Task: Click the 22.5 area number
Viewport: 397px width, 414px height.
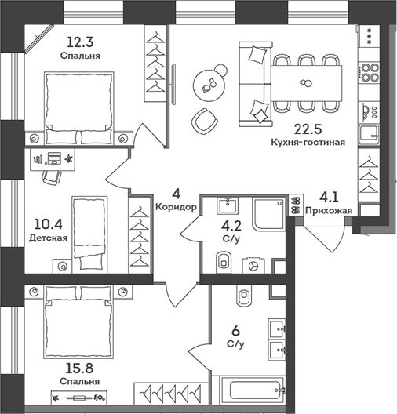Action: click(308, 129)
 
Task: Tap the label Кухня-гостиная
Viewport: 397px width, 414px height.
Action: click(308, 143)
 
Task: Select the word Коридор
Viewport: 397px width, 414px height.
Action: click(176, 207)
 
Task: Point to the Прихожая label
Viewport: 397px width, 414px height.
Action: click(329, 211)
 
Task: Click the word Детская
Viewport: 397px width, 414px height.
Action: click(48, 238)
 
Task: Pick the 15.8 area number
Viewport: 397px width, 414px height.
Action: click(79, 369)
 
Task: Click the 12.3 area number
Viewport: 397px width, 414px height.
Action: click(80, 42)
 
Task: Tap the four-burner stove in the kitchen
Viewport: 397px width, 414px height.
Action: click(369, 72)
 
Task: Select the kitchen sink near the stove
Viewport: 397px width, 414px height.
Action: click(369, 135)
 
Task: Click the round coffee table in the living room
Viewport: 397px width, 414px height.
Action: click(210, 85)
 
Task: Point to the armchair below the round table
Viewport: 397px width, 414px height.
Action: click(204, 122)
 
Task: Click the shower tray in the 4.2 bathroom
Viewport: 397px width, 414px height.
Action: click(269, 214)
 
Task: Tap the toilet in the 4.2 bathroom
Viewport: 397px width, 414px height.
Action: click(224, 262)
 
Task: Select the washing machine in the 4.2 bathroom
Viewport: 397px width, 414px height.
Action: click(253, 266)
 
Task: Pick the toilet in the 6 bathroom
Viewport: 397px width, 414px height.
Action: click(245, 296)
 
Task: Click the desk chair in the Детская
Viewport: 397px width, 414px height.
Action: click(52, 177)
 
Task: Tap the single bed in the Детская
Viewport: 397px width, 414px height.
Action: click(89, 234)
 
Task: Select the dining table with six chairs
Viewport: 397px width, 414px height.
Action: click(307, 83)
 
